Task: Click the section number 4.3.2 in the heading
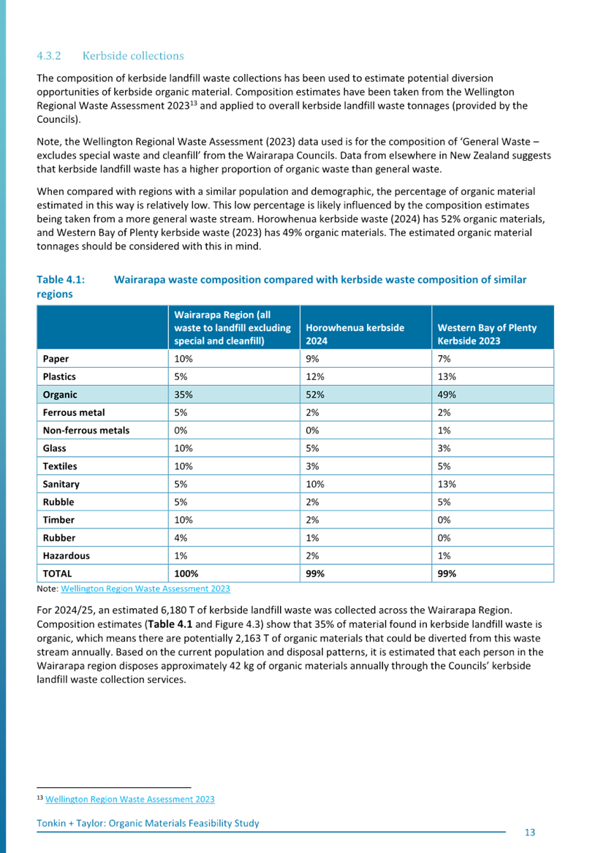pos(48,56)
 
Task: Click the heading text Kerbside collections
pos(133,56)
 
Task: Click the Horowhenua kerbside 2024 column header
pos(355,333)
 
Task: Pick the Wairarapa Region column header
pos(232,327)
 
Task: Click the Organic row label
pos(60,395)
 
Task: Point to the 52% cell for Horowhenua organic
pos(315,395)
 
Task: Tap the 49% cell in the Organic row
pos(447,395)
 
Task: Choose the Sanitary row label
pos(61,484)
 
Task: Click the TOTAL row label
pos(57,574)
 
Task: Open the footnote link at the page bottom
pos(130,800)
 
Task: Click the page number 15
pos(530,832)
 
